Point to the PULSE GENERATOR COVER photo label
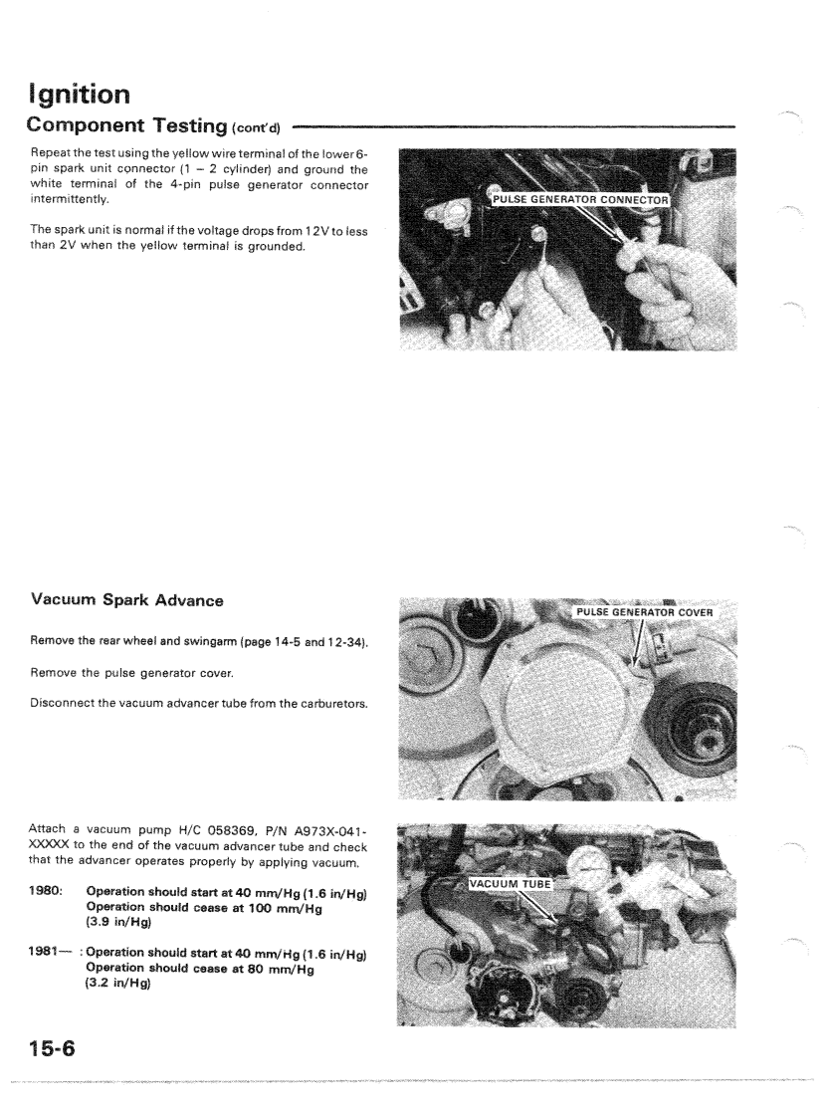(x=646, y=611)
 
